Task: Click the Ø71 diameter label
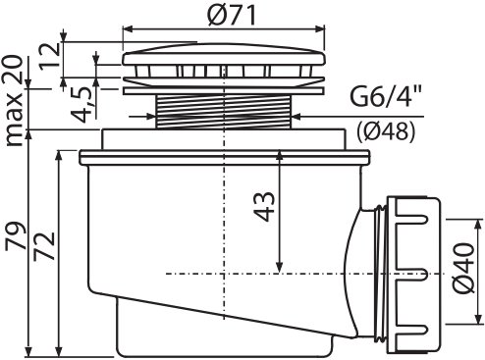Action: pos(232,15)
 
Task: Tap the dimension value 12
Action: pos(49,56)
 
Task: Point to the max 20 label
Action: pos(14,100)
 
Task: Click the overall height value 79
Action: pos(15,236)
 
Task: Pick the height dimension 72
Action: pos(44,246)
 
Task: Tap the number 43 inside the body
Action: pos(264,207)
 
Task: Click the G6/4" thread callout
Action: pos(385,97)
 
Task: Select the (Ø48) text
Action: pos(386,131)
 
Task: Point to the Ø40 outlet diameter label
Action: pos(463,268)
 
